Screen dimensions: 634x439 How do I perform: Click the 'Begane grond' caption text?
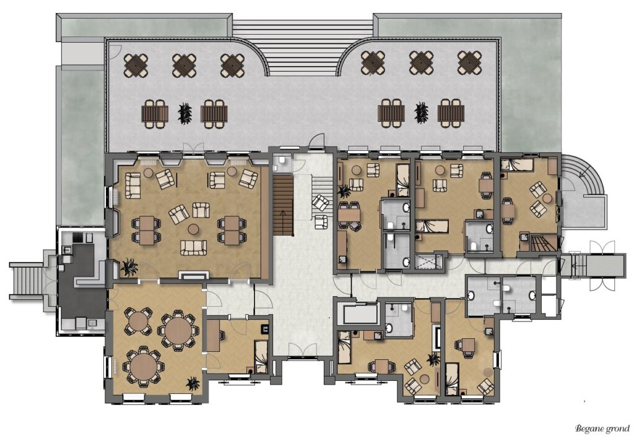pos(602,428)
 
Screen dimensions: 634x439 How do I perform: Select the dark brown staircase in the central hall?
pos(282,205)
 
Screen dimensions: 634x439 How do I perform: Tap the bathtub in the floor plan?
pos(360,315)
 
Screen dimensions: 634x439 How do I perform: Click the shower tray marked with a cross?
pos(428,261)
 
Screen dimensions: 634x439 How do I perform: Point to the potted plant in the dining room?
pos(193,384)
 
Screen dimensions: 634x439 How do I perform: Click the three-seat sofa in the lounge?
pos(193,248)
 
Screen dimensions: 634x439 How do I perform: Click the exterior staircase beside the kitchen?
pos(27,281)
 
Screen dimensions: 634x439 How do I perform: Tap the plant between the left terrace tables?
pos(185,113)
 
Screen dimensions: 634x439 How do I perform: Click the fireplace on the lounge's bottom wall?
pos(194,275)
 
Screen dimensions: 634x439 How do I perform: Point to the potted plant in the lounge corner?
pos(129,267)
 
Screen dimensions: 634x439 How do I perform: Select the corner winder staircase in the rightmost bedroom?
pos(542,243)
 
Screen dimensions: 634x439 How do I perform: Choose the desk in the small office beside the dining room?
pos(213,335)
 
